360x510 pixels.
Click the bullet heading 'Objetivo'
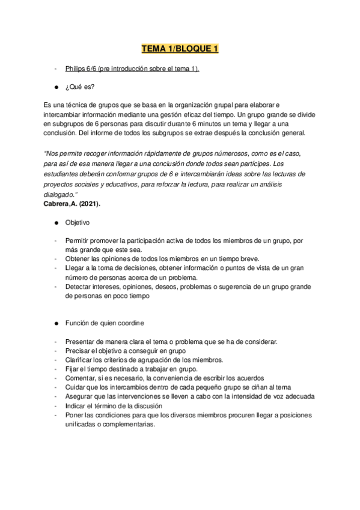[78, 223]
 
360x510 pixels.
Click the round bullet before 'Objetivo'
[55, 223]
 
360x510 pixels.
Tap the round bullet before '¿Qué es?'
[55, 86]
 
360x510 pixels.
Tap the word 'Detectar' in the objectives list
[79, 287]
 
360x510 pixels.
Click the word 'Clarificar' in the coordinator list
[81, 360]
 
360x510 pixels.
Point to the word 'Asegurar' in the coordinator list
[81, 396]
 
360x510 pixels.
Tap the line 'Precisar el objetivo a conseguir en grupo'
[126, 351]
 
